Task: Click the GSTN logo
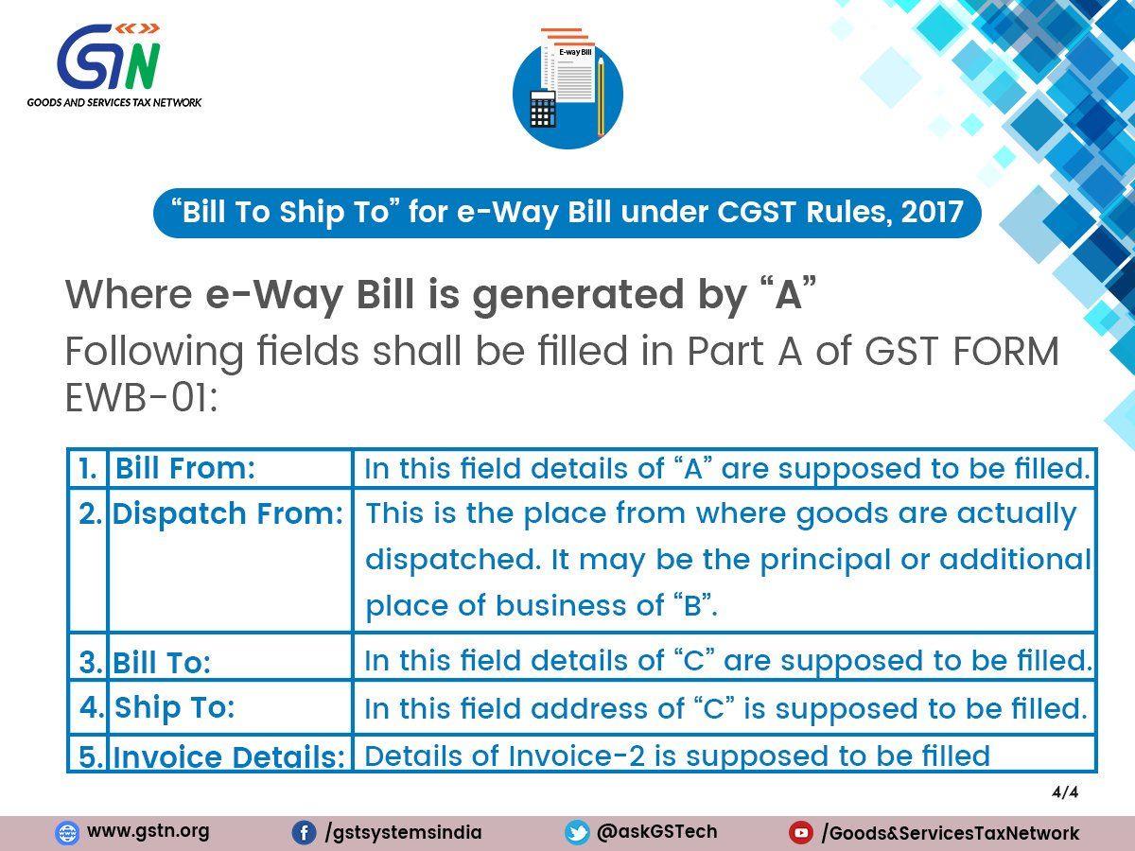point(113,65)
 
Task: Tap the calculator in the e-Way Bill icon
point(543,109)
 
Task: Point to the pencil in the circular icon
point(601,96)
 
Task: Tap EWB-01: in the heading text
point(141,398)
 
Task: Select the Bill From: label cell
point(184,468)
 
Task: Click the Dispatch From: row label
point(228,513)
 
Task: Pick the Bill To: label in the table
point(162,662)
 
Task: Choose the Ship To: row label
point(174,707)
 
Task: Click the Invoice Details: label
point(229,757)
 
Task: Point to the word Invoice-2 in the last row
point(577,755)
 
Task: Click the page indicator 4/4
point(1065,792)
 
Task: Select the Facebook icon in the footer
point(304,833)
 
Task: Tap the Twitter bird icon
point(577,833)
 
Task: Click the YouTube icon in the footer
point(801,833)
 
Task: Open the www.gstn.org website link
point(148,831)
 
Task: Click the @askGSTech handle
point(656,831)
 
